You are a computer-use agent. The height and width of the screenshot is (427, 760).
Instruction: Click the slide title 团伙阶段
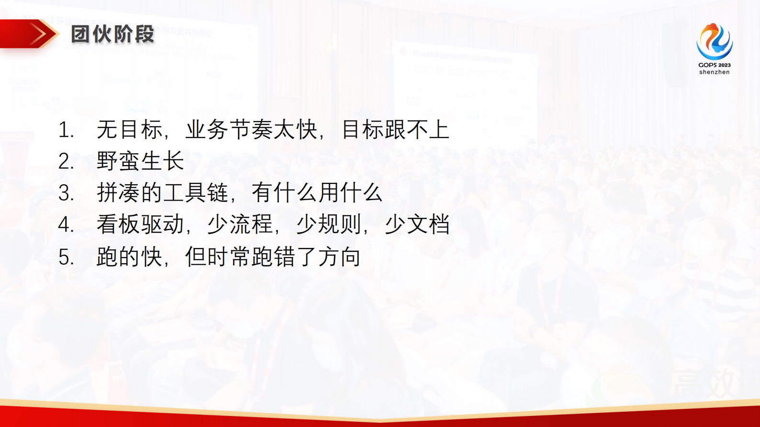coord(113,34)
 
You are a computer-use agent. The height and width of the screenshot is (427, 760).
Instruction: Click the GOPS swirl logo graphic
coord(714,42)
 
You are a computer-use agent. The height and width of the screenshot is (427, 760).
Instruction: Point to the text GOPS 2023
coord(714,65)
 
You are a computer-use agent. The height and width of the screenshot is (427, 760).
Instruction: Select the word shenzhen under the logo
coord(714,72)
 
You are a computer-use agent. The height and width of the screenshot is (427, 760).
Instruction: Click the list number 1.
coord(66,130)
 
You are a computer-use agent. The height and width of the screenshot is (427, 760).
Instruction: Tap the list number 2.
coord(66,162)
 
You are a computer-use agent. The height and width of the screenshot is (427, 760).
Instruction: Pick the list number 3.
coord(66,193)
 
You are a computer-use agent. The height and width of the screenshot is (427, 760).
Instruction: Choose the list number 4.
coord(66,225)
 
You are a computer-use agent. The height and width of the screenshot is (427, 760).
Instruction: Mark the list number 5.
coord(66,257)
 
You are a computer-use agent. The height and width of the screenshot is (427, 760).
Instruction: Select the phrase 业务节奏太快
coord(251,130)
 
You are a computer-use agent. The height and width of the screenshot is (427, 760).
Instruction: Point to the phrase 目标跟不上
coord(395,130)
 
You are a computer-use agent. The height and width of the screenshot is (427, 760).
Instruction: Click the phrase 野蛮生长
coord(140,161)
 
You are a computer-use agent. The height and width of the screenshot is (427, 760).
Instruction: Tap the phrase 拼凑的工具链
coord(162,193)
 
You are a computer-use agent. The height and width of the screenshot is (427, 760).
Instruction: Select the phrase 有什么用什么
coord(317,193)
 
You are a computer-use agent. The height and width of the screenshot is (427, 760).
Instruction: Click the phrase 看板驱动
coord(140,225)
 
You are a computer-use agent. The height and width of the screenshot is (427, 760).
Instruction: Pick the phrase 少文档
coord(417,225)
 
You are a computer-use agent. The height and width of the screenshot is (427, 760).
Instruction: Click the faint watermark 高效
coord(704,383)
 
